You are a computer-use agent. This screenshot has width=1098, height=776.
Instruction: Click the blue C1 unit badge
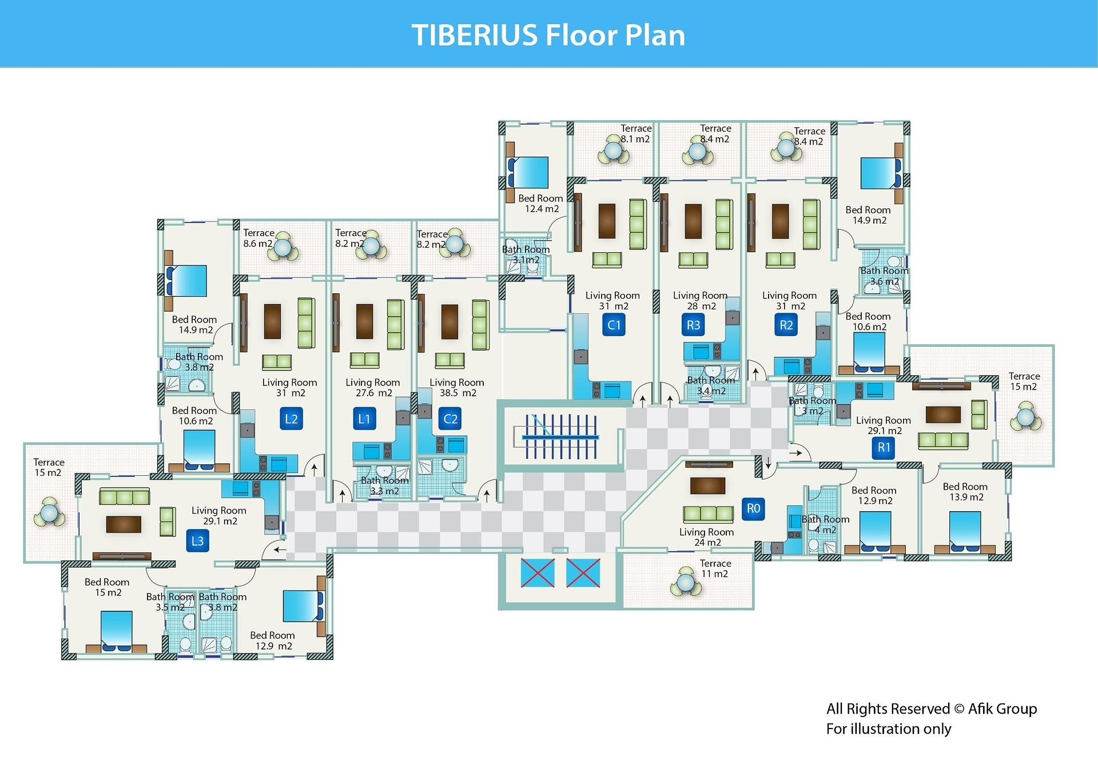pyautogui.click(x=614, y=325)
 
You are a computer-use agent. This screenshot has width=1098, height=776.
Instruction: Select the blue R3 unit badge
pyautogui.click(x=693, y=325)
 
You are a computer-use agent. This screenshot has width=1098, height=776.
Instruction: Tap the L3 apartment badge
pyautogui.click(x=197, y=541)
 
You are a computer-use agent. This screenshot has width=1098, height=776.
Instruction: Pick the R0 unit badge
pyautogui.click(x=753, y=508)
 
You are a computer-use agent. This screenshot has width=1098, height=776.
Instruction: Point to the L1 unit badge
pyautogui.click(x=364, y=419)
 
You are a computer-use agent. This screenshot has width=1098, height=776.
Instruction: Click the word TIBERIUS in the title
pyautogui.click(x=474, y=35)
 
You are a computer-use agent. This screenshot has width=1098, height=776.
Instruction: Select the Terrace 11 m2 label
pyautogui.click(x=715, y=568)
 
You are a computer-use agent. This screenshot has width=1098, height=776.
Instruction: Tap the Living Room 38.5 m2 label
pyautogui.click(x=457, y=388)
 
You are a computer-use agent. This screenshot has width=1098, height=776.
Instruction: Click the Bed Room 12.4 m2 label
pyautogui.click(x=540, y=204)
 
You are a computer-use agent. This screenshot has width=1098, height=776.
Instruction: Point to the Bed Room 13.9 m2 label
pyautogui.click(x=965, y=492)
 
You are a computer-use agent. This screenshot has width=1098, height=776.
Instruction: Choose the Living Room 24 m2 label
pyautogui.click(x=707, y=537)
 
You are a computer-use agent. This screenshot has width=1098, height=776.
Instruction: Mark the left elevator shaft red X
pyautogui.click(x=538, y=573)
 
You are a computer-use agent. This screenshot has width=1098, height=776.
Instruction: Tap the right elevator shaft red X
pyautogui.click(x=583, y=573)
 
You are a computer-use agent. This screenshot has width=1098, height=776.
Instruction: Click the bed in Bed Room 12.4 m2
pyautogui.click(x=528, y=173)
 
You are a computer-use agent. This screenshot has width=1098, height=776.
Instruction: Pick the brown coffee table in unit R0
pyautogui.click(x=707, y=486)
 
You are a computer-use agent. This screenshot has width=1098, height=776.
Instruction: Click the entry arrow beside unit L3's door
pyautogui.click(x=280, y=550)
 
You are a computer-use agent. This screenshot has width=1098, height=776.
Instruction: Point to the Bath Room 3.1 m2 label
pyautogui.click(x=526, y=254)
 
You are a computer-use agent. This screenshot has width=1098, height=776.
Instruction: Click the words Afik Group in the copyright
pyautogui.click(x=1002, y=709)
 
